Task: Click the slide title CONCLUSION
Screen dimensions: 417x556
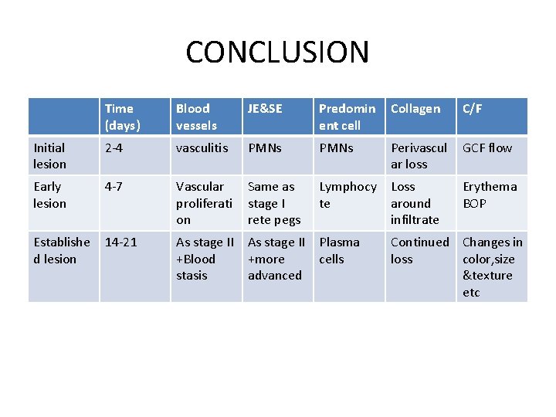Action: coord(277,53)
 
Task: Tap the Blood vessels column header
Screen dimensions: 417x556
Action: coord(196,117)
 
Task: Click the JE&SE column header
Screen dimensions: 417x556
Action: coord(265,109)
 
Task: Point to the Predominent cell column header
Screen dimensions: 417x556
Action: coord(347,117)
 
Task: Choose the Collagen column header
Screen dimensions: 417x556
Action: coord(415,109)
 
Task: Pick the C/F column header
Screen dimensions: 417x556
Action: coord(473,109)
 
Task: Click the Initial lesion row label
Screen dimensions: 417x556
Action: coord(49,155)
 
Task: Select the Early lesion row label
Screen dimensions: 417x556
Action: coord(49,195)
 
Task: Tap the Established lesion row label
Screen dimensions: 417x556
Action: coord(55,250)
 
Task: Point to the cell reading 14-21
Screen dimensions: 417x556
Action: coord(121,242)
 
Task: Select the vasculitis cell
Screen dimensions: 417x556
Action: coord(202,147)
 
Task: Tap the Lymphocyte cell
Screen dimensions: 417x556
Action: coord(347,195)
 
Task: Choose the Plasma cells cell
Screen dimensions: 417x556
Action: coord(339,250)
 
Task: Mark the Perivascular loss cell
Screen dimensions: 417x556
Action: coord(419,155)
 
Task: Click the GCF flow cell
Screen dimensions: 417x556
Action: coord(487,147)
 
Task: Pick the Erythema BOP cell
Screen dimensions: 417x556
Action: coord(490,195)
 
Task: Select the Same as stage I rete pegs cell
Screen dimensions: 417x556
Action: coord(273,203)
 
